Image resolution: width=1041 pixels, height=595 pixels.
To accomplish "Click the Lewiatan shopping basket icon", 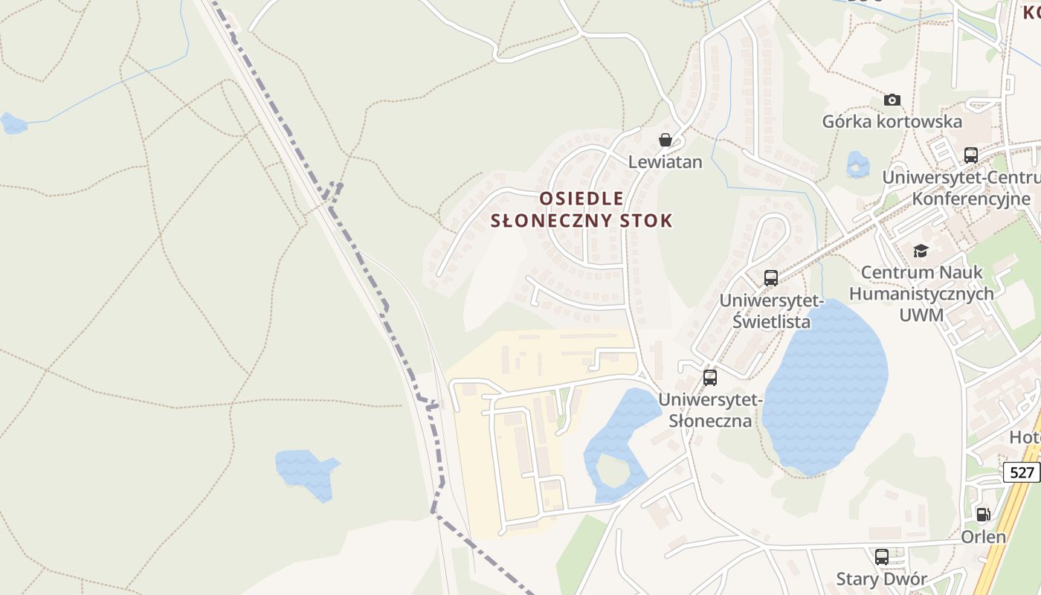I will pos(665,140).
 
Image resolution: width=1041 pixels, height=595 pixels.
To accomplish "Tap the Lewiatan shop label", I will pos(665,161).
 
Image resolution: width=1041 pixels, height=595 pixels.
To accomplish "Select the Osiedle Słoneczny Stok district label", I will pos(582,210).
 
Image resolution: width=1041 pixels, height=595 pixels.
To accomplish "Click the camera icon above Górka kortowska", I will pos(892,100).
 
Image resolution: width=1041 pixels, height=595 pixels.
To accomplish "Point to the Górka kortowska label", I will pos(892,121).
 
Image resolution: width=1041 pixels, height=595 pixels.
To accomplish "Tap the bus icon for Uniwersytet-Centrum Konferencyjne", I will pos(971,155).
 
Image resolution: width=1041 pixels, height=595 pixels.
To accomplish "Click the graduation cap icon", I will pos(921,251).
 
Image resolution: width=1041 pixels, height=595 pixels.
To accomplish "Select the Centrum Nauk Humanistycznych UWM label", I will pos(921,294).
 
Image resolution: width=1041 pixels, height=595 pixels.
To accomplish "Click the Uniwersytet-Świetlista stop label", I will pos(771,311).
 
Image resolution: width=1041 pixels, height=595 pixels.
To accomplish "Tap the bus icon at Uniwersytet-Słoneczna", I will pos(710,377).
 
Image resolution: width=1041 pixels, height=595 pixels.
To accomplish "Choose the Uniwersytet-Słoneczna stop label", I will pos(710,410).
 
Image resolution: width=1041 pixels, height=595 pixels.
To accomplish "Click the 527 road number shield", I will pos(1022,472).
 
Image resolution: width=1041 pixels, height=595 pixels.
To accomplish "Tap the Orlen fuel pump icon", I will pos(983,514).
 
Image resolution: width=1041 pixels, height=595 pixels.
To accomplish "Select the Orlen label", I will pos(984,536).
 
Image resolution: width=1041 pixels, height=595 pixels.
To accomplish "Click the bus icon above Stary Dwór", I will pos(882,556).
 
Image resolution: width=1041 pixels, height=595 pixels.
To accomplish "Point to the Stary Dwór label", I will pos(882,579).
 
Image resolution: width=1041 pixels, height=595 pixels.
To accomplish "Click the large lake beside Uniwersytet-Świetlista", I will pos(825,387).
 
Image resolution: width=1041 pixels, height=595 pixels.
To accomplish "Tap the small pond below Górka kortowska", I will pos(857,164).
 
